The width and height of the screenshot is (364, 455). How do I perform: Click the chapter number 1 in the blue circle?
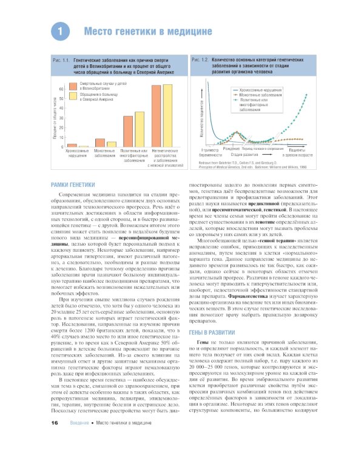pos(59,30)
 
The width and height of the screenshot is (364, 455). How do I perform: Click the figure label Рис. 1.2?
pos(200,61)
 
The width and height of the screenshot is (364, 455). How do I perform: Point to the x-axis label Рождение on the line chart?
pos(231,149)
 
